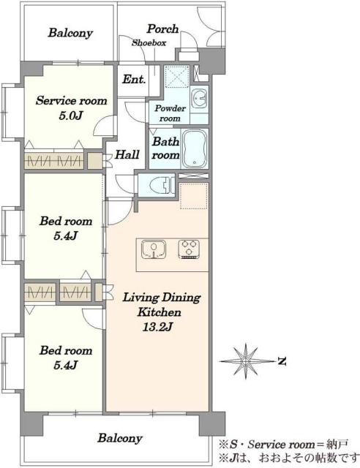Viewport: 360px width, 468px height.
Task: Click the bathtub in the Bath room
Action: pos(195,148)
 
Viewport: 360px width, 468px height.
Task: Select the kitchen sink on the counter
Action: pos(154,249)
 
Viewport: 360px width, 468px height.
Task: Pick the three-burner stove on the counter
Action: pos(189,249)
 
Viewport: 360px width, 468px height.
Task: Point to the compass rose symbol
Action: pos(246,361)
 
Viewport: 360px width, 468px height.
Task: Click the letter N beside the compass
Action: pos(282,361)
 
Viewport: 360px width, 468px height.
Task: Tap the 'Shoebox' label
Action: pos(149,43)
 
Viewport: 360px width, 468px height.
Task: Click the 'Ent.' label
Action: pos(134,80)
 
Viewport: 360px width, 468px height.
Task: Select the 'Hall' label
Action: pos(127,154)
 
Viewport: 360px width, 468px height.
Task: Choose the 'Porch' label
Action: pos(162,29)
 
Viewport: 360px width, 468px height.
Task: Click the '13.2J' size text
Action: pos(157,328)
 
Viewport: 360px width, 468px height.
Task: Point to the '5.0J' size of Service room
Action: pos(70,116)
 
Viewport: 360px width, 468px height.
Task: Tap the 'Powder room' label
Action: pos(170,113)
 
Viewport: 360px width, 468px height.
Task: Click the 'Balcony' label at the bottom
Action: pos(120,439)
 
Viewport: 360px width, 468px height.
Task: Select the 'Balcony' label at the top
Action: pos(70,33)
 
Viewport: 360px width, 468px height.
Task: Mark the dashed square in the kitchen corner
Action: pos(194,196)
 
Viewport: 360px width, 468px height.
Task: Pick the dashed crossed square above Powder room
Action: pos(177,76)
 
